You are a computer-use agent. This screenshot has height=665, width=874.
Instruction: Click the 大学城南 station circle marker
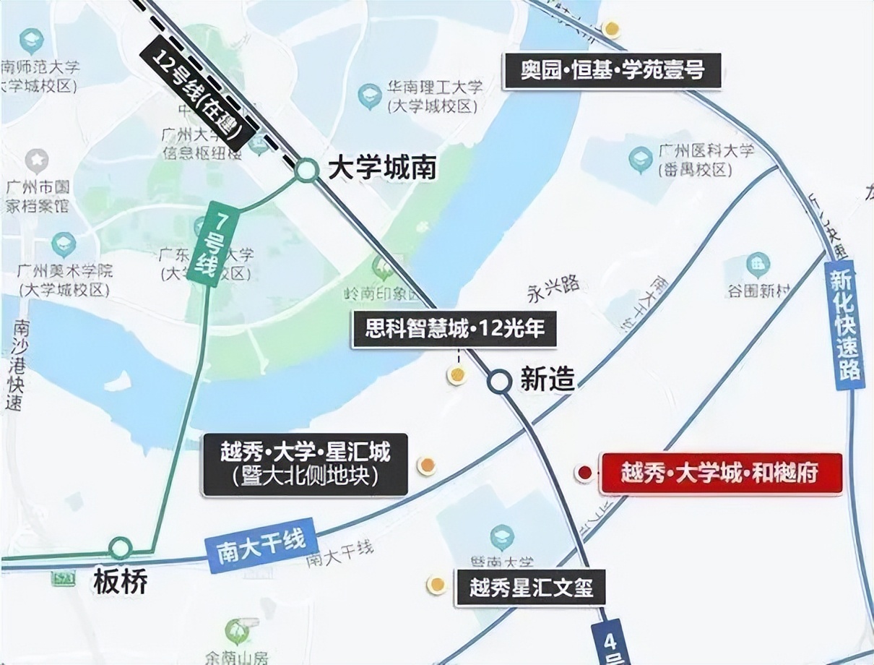tap(306, 171)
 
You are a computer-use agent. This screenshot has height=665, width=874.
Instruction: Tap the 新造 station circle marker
tap(498, 381)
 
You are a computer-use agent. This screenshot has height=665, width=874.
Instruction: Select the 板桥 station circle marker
tap(121, 547)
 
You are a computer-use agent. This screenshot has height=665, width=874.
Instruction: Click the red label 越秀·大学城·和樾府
tap(721, 473)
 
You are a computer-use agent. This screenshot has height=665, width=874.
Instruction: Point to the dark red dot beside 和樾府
tap(584, 473)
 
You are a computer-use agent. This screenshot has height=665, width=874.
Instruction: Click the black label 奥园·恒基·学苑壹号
tap(612, 70)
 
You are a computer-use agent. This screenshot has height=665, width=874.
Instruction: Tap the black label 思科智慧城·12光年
tap(454, 330)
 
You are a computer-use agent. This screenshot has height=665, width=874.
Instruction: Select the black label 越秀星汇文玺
tap(530, 588)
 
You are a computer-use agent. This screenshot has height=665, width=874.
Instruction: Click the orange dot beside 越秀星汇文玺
tap(436, 585)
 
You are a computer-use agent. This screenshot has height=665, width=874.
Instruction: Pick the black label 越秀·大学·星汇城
tap(306, 464)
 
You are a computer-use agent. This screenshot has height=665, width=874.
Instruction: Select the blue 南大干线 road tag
tap(261, 546)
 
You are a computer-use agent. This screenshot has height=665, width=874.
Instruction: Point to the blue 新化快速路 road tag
tap(844, 326)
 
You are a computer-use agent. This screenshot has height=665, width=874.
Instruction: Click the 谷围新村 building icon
tap(758, 264)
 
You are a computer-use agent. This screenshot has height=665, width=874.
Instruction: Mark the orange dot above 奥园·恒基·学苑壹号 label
tap(612, 29)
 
